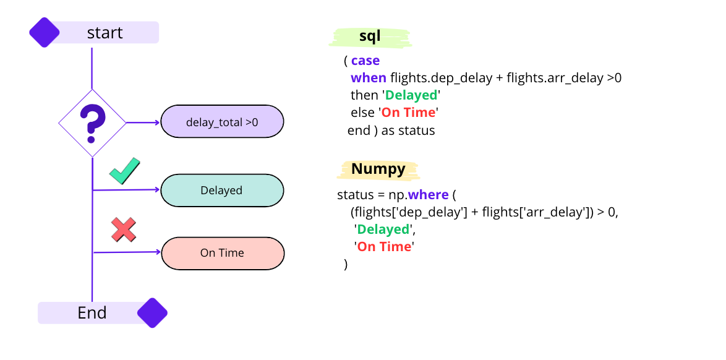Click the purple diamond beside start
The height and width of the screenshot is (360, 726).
(45, 32)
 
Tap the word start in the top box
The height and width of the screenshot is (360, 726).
(105, 33)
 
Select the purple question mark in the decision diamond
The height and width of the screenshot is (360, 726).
(92, 121)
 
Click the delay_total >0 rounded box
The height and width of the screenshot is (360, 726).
(222, 122)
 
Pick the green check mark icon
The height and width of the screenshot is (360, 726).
(125, 171)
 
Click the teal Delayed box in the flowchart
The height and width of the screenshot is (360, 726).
(222, 190)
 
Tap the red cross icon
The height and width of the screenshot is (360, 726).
(124, 229)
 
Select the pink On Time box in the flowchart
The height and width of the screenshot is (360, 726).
(223, 253)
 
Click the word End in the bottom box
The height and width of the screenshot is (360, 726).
(92, 313)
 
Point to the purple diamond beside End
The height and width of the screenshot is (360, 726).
(152, 313)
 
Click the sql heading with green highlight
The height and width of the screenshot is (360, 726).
(370, 37)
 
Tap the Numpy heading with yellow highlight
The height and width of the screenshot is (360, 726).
(378, 169)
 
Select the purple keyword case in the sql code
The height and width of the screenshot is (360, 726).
(365, 61)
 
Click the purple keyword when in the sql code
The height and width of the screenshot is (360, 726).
(369, 78)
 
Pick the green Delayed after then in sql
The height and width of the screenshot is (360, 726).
(411, 95)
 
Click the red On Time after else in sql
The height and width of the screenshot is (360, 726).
(409, 113)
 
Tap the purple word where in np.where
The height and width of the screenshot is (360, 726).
(429, 195)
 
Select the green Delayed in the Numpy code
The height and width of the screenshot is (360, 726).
(383, 229)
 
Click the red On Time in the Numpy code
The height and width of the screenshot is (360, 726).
(384, 247)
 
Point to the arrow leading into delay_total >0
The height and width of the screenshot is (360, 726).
(143, 122)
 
